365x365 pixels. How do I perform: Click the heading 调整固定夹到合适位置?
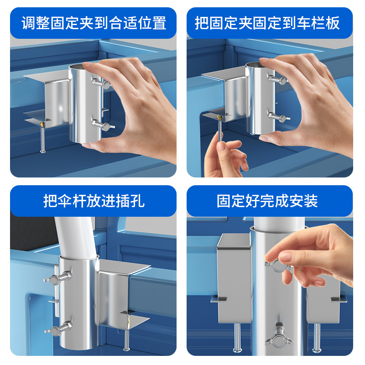[x=94, y=23]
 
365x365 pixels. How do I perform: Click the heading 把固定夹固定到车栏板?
[x=267, y=23]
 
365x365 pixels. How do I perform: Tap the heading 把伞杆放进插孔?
[x=94, y=201]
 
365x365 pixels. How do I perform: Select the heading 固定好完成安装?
[x=267, y=201]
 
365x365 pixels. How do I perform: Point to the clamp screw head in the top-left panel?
[x=43, y=151]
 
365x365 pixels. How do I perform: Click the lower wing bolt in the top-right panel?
[x=279, y=117]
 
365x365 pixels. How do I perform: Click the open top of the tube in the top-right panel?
[x=255, y=65]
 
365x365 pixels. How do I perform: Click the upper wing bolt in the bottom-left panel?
[x=58, y=277]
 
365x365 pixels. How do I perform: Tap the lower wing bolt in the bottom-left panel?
[x=59, y=328]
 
